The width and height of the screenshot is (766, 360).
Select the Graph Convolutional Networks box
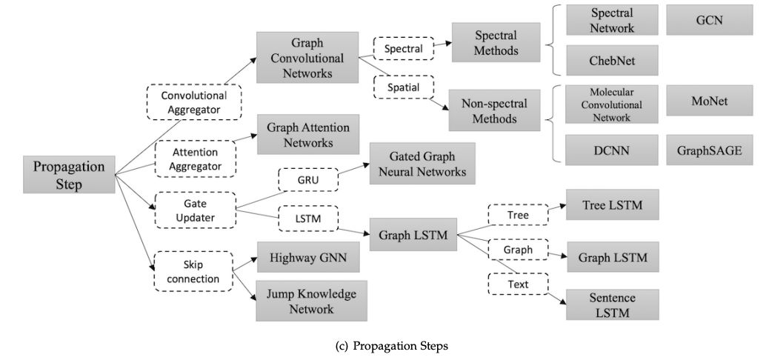pyautogui.click(x=307, y=58)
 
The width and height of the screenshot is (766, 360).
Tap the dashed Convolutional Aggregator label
pyautogui.click(x=196, y=102)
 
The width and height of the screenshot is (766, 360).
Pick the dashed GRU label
pyautogui.click(x=307, y=179)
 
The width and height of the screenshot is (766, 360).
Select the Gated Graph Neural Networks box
pyautogui.click(x=417, y=164)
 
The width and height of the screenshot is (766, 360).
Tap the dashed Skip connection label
pyautogui.click(x=193, y=270)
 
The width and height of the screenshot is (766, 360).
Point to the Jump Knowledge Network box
pyautogui.click(x=312, y=300)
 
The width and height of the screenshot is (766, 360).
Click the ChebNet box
pyautogui.click(x=611, y=60)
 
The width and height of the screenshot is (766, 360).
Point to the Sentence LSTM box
pyautogui.click(x=611, y=304)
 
